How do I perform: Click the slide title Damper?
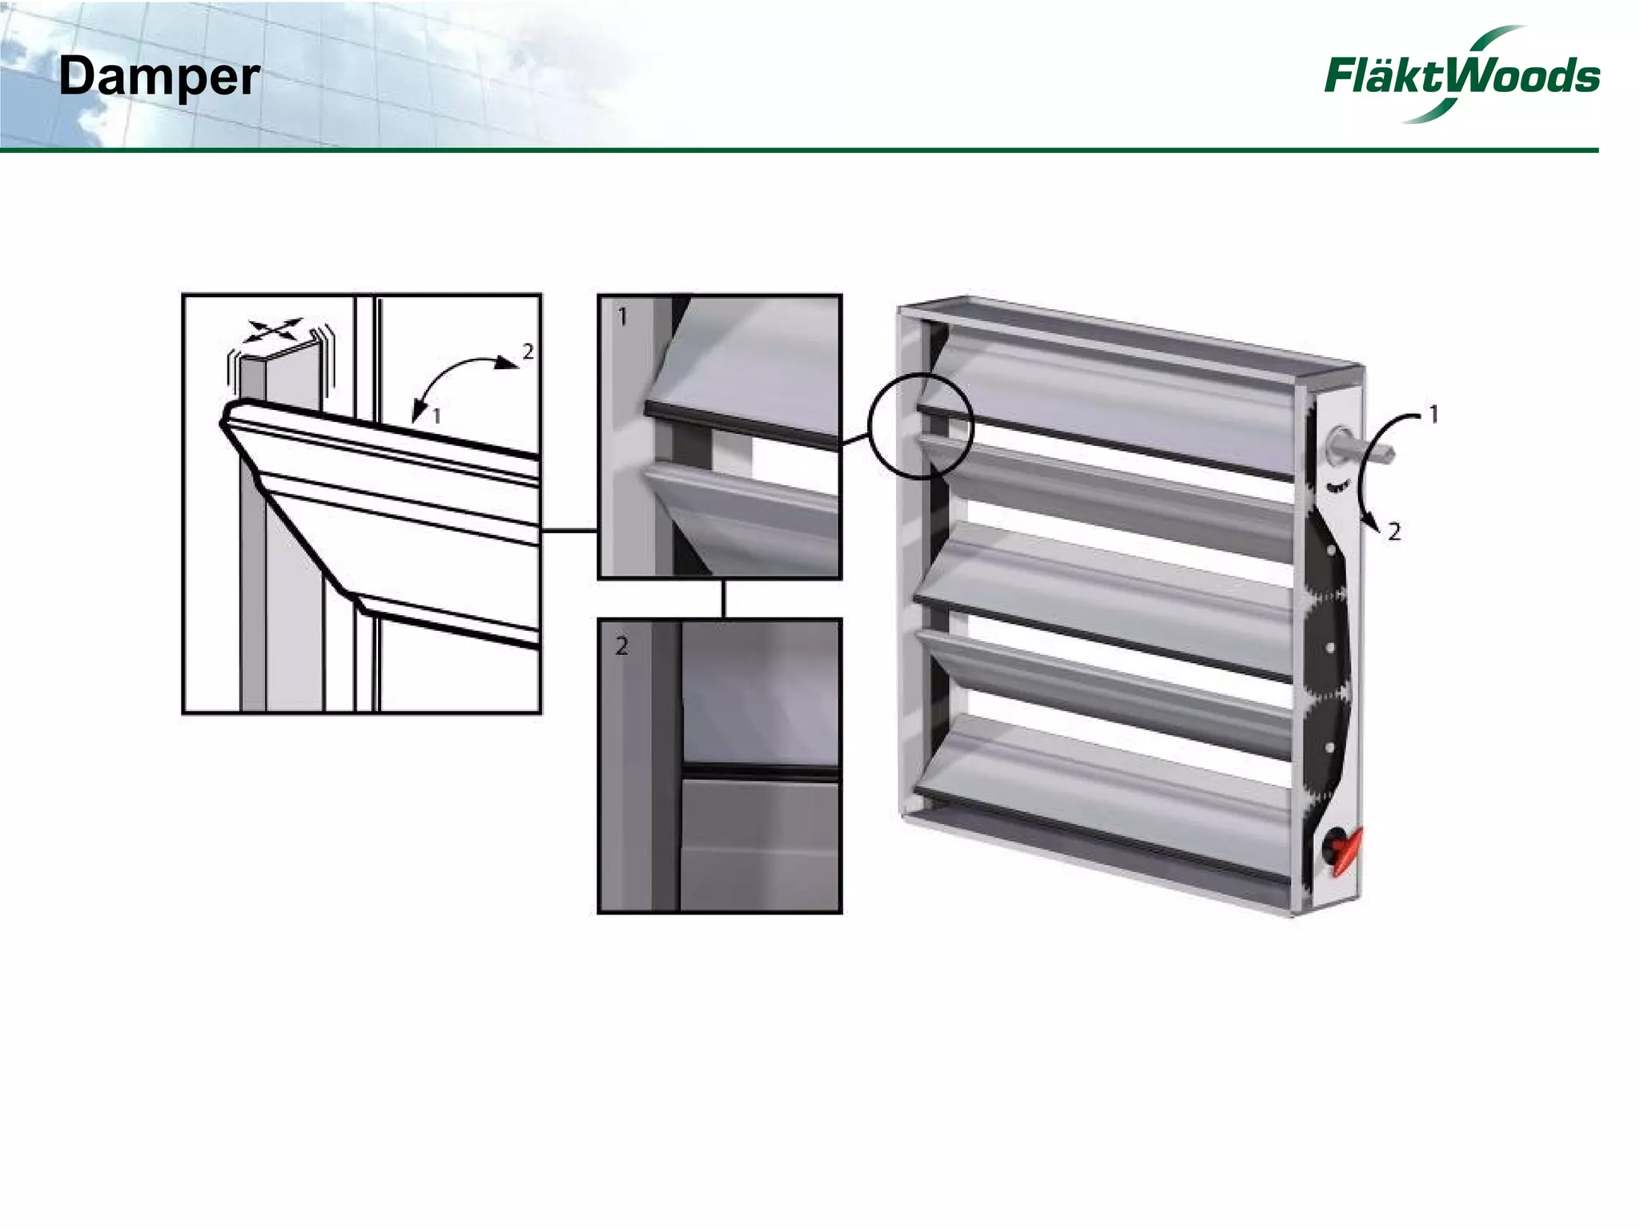point(159,78)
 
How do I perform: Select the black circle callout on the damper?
point(921,426)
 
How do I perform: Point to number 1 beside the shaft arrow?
point(1433,415)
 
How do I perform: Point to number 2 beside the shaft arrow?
point(1394,532)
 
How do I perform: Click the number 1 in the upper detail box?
point(622,317)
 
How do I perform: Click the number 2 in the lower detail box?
point(622,645)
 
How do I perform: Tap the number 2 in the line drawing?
point(528,351)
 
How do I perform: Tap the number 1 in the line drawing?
point(436,416)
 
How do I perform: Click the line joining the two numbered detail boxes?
point(723,598)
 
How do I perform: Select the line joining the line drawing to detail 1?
point(569,530)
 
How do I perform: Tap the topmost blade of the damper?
point(1113,392)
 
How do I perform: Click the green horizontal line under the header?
point(801,150)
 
